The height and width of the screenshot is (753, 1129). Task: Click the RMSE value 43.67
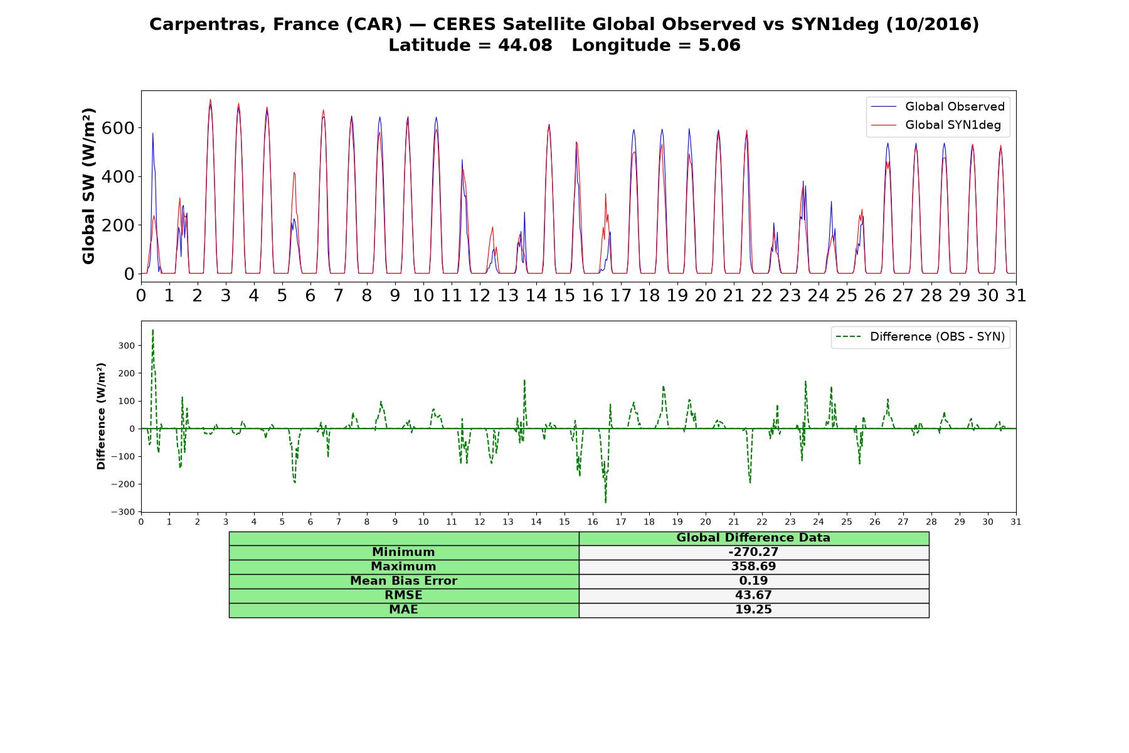tap(753, 595)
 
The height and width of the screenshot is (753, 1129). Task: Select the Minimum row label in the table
tap(403, 552)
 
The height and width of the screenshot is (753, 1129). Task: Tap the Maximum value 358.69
tap(753, 567)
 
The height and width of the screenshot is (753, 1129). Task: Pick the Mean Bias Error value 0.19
tap(753, 581)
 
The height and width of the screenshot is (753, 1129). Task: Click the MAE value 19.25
tap(753, 610)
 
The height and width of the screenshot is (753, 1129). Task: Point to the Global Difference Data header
tap(753, 538)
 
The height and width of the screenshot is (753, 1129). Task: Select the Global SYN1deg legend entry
tap(936, 125)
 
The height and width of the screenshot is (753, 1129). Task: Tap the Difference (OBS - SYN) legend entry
tap(921, 337)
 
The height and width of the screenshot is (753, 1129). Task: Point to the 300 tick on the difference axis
tap(127, 346)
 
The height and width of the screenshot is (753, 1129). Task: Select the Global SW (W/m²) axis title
tap(88, 186)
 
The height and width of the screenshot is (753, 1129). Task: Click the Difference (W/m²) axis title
tap(101, 416)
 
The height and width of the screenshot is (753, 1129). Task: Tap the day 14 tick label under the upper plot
tap(536, 295)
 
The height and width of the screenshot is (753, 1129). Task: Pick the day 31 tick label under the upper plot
tap(1016, 295)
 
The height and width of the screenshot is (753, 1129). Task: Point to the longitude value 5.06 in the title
tap(719, 45)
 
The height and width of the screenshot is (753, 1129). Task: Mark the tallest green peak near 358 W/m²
tap(152, 329)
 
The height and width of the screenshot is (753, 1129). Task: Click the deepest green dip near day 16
tap(605, 503)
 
